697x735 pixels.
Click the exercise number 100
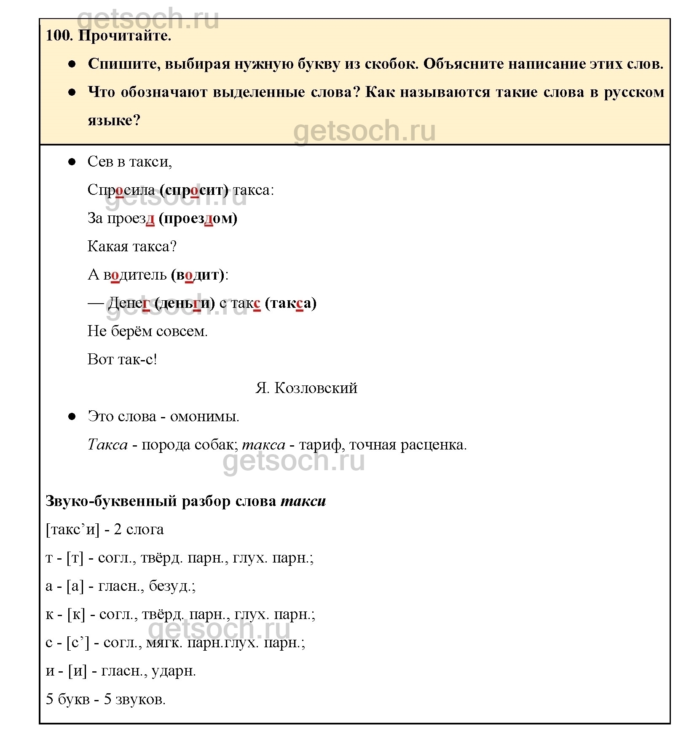pyautogui.click(x=59, y=35)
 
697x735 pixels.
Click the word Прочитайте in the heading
pyautogui.click(x=125, y=35)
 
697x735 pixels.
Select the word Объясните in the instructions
pyautogui.click(x=463, y=64)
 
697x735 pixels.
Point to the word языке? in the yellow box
pyautogui.click(x=114, y=121)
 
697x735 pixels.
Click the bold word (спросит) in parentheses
pyautogui.click(x=194, y=190)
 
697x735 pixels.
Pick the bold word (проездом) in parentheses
pyautogui.click(x=198, y=218)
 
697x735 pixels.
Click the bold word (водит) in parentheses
pyautogui.click(x=198, y=275)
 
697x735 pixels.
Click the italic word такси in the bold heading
pyautogui.click(x=303, y=501)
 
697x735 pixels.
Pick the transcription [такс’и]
pyautogui.click(x=72, y=530)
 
